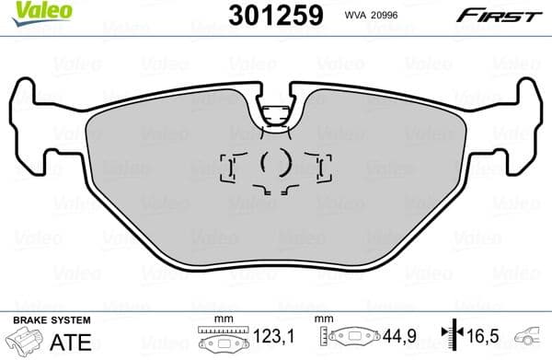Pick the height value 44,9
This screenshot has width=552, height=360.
pyautogui.click(x=393, y=339)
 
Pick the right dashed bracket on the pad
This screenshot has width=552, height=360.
pyautogui.click(x=321, y=167)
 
